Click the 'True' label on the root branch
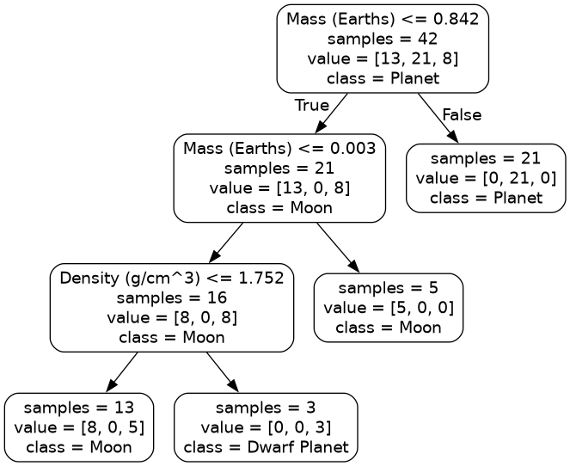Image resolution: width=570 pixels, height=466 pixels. click(312, 105)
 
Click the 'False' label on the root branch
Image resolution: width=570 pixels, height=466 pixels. click(462, 114)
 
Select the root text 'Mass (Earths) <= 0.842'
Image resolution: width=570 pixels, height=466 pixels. click(383, 19)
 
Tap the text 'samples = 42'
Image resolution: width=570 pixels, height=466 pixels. click(383, 39)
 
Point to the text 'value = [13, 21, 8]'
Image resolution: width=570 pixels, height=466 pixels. click(383, 58)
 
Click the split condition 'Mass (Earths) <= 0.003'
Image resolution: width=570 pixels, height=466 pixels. click(279, 148)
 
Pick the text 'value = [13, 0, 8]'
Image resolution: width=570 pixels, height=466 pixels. click(279, 187)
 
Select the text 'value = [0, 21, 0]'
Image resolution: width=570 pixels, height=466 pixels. click(486, 178)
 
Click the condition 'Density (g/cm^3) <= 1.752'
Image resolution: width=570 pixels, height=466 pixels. click(172, 278)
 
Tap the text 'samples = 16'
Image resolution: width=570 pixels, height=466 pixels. click(172, 297)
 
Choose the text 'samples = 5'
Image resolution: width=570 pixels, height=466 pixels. click(389, 287)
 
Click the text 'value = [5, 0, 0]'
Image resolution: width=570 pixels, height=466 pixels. click(389, 307)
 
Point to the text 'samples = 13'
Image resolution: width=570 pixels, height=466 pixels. click(79, 407)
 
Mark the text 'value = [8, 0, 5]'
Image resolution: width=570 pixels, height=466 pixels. click(79, 426)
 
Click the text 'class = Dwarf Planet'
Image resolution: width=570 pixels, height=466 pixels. click(266, 446)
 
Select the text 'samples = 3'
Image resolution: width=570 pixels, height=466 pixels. click(266, 407)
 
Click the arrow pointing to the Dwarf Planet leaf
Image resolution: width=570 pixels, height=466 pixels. click(223, 372)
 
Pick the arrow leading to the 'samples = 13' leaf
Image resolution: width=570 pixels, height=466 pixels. click(121, 372)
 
